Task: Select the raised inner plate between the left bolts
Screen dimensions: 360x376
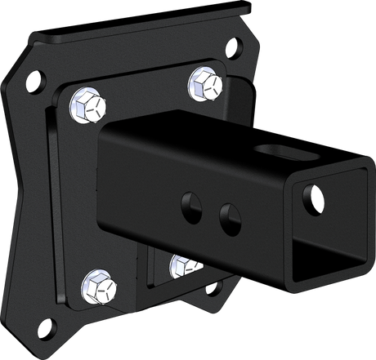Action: [x=78, y=196]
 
